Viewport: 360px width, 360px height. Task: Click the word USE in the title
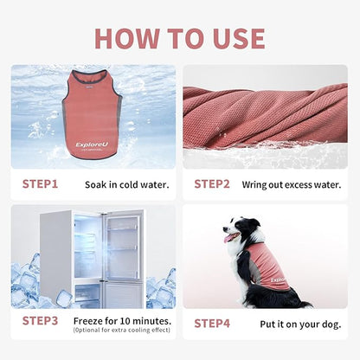tap(234, 38)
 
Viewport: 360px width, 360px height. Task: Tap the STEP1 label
tap(40, 183)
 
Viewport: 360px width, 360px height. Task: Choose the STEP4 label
tap(212, 323)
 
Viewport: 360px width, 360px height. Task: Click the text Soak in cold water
tap(127, 184)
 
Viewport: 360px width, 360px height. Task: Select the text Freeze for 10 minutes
tap(127, 320)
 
